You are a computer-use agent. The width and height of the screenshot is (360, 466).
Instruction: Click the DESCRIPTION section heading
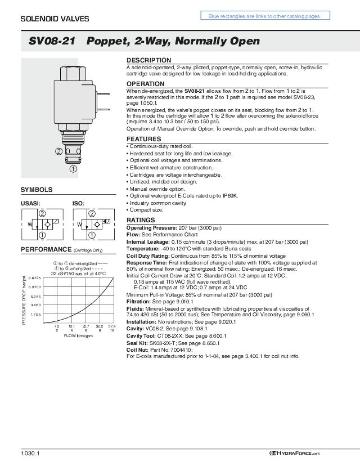pos(148,60)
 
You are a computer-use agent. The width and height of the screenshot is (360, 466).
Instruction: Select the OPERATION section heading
pos(145,84)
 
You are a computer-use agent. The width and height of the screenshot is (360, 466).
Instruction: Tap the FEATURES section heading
pos(144,139)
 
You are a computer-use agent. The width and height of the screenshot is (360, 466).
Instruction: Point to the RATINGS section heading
pos(142,220)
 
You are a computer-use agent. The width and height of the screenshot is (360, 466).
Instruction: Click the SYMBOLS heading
pos(37,190)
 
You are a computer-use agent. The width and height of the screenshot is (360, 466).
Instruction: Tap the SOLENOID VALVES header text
pos(47,19)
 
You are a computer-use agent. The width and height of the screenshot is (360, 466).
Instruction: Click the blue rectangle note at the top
pos(264,16)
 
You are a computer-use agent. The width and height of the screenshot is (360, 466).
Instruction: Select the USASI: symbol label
pos(30,203)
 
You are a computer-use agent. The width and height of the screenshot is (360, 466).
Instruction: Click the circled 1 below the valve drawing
pos(73,168)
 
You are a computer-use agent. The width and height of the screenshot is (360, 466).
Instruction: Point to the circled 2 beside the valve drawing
pos(58,151)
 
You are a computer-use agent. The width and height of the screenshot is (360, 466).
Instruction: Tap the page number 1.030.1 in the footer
pos(30,454)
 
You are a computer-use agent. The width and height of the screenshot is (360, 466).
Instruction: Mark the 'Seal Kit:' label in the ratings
pos(136,343)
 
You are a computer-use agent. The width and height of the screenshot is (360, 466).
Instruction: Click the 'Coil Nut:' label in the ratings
pos(137,349)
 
